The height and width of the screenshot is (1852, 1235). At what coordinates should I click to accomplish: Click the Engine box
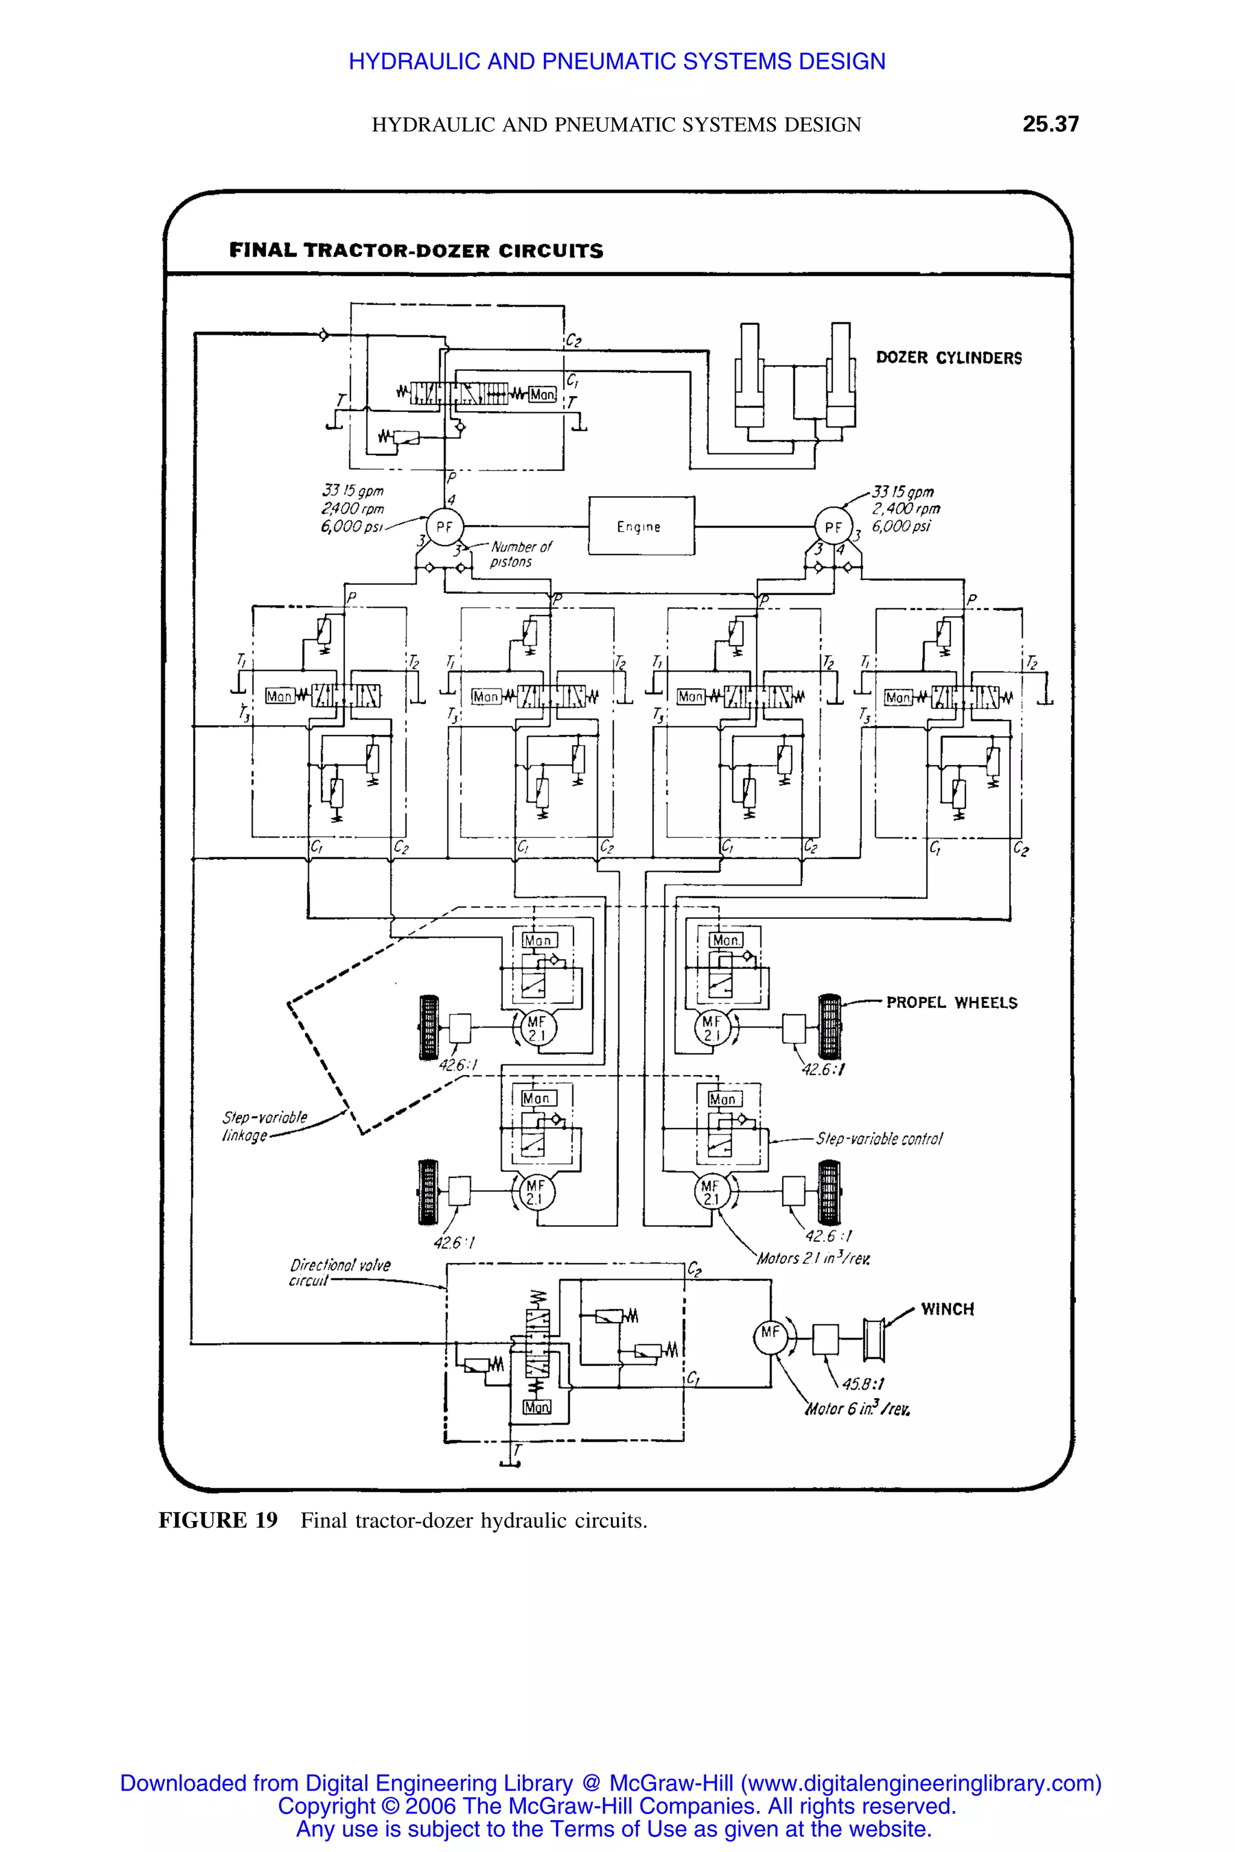pyautogui.click(x=641, y=526)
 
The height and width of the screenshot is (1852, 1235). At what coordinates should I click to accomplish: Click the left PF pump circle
pyautogui.click(x=444, y=527)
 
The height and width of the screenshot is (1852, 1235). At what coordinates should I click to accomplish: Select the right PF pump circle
pyautogui.click(x=833, y=527)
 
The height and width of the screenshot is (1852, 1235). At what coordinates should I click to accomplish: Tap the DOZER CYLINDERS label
pyautogui.click(x=949, y=358)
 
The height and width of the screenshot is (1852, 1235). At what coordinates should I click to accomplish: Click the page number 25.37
pyautogui.click(x=1050, y=124)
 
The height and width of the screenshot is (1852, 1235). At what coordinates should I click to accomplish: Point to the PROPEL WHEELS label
pyautogui.click(x=952, y=1003)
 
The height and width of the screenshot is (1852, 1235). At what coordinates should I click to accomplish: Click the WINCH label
pyautogui.click(x=947, y=1309)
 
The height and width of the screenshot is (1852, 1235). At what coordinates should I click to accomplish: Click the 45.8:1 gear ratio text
pyautogui.click(x=862, y=1384)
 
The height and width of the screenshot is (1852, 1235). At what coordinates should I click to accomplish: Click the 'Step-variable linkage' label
pyautogui.click(x=264, y=1126)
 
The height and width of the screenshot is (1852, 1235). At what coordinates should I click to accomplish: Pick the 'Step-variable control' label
pyautogui.click(x=878, y=1139)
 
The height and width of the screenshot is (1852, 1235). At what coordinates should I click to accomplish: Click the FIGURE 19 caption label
pyautogui.click(x=218, y=1520)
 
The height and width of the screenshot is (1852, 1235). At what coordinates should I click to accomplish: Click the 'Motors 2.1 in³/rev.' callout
pyautogui.click(x=813, y=1258)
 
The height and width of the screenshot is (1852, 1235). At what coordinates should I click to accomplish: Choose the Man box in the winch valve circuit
pyautogui.click(x=537, y=1407)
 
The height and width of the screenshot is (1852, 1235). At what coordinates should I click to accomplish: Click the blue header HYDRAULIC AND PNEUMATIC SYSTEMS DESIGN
pyautogui.click(x=617, y=61)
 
